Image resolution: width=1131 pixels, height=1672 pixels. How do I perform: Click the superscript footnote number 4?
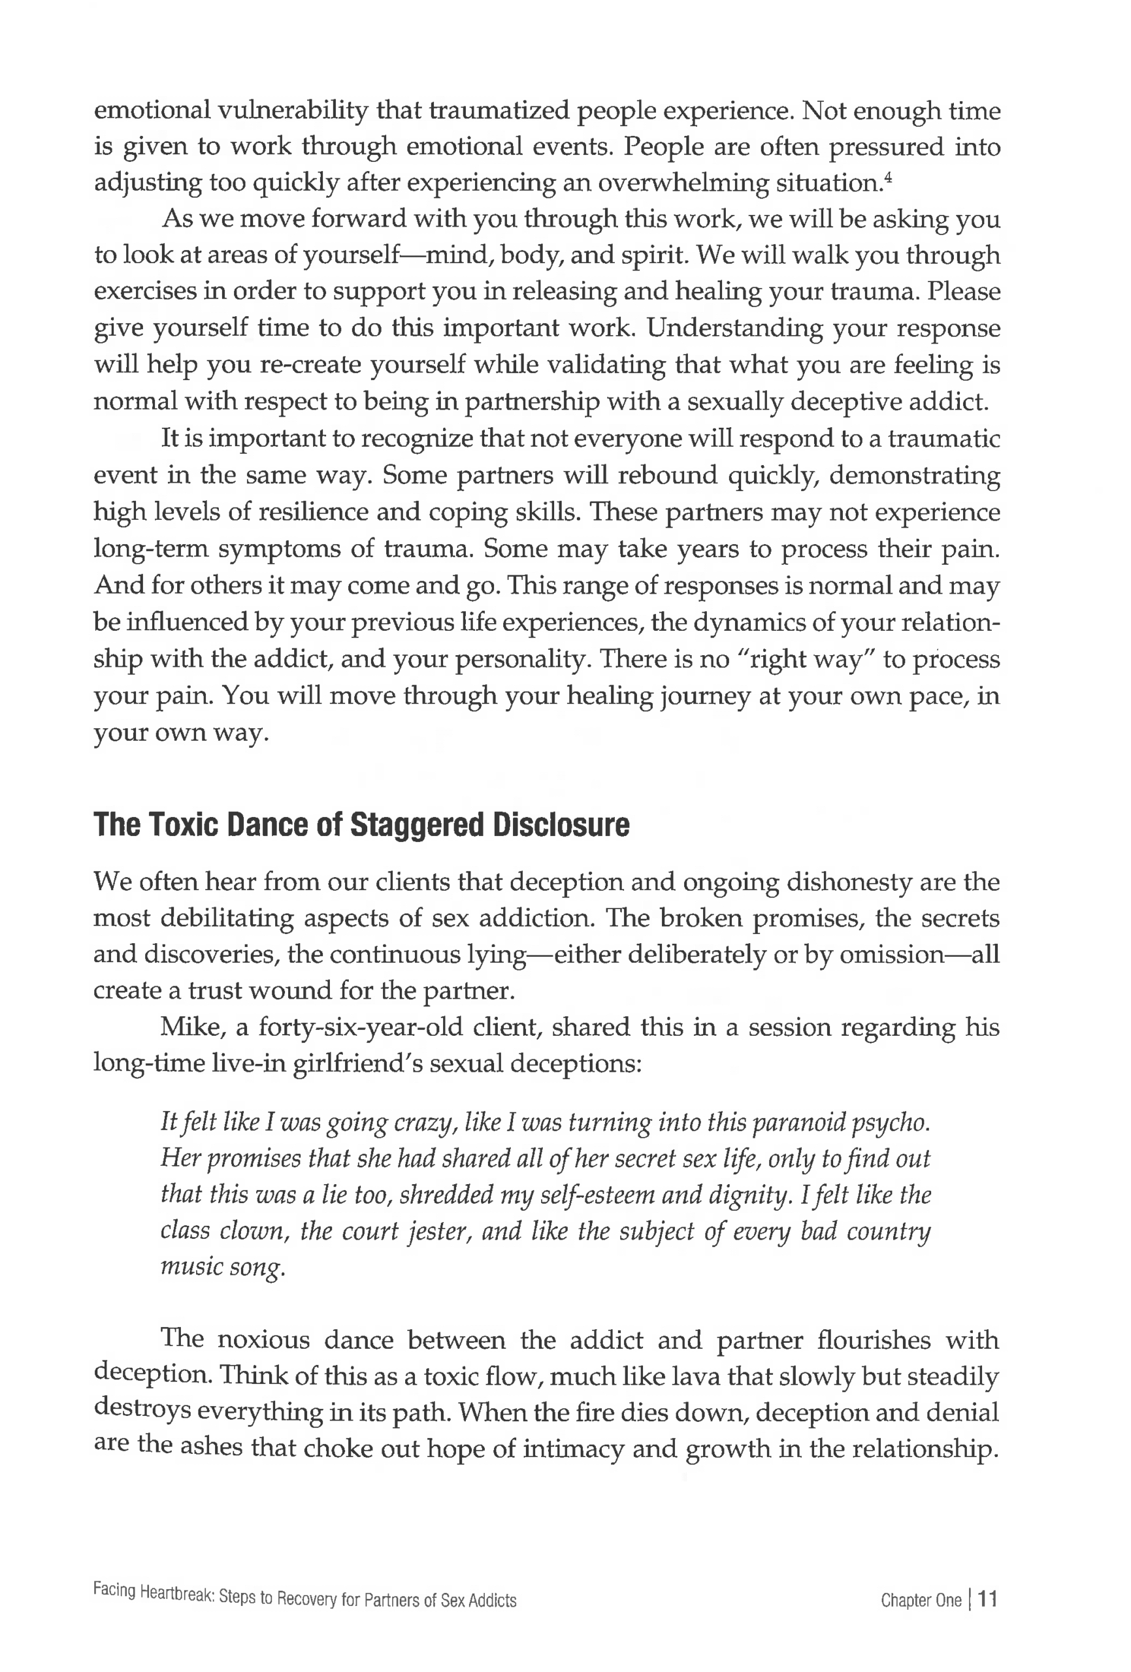tap(889, 175)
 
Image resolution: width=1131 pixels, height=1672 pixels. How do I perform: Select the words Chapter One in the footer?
tap(921, 1600)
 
